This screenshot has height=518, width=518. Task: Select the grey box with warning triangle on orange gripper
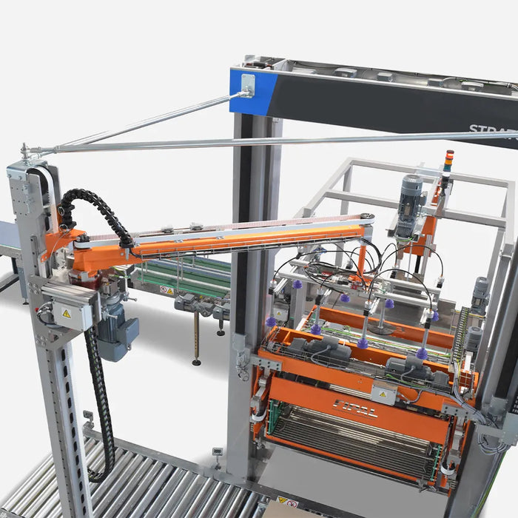383,393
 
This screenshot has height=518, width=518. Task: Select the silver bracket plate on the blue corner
247,82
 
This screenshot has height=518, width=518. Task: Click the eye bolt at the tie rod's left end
27,153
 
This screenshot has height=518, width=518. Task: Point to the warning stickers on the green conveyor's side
167,290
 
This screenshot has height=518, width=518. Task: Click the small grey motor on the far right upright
480,293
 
